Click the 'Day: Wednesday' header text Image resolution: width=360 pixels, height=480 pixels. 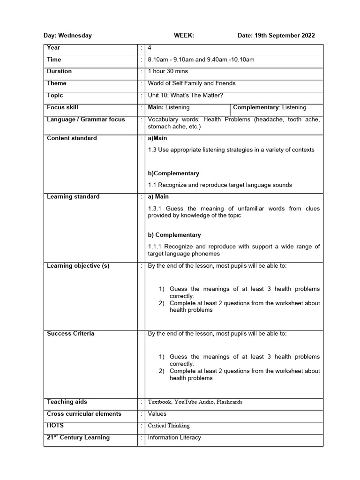tap(67, 36)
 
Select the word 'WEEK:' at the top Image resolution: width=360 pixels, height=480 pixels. tap(184, 36)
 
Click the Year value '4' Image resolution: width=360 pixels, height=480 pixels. tap(150, 48)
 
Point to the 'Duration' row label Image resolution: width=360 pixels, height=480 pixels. tap(60, 71)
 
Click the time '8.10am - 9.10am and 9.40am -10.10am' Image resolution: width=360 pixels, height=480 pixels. tap(201, 60)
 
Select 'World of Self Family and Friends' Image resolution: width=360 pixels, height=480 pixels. tap(192, 83)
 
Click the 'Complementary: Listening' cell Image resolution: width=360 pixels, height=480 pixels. tap(270, 107)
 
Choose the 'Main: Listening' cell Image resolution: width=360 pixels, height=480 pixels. tap(169, 107)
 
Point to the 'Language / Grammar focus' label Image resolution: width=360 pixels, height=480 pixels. tap(86, 120)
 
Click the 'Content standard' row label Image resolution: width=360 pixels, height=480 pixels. tap(72, 138)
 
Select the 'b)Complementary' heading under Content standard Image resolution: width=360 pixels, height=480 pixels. tap(173, 173)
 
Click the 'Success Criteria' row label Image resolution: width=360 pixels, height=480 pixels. tap(70, 334)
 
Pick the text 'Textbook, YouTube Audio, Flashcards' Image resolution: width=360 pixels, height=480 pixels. tap(195, 402)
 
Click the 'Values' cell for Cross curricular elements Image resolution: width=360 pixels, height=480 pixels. tap(157, 414)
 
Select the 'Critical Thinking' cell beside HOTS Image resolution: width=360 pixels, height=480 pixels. tap(169, 426)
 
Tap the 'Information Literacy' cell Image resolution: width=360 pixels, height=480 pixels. tap(174, 438)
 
